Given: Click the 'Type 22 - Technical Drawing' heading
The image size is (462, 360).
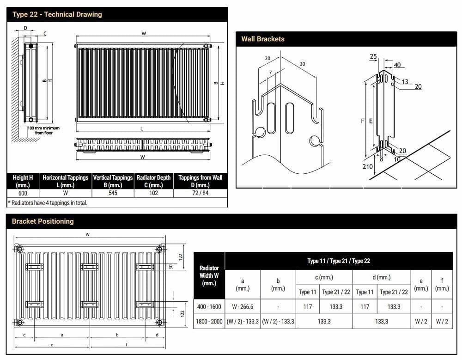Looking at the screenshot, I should pos(57,14).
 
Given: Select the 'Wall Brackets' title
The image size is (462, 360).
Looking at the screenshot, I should pos(263,39).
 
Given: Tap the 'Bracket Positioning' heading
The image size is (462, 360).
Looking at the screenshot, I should pos(43,221).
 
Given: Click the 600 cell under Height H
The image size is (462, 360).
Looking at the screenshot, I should pos(23,193).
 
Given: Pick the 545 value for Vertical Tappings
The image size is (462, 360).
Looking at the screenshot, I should pos(113,193).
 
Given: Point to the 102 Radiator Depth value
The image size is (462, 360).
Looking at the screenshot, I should pos(153,193).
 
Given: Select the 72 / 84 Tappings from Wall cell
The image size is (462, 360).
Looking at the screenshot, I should pos(200,193).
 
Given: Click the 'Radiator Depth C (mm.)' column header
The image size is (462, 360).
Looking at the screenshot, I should pos(153,181).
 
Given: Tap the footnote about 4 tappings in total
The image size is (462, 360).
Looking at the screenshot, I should pos(48,202).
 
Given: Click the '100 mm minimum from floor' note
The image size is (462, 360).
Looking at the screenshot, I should pos(43,130).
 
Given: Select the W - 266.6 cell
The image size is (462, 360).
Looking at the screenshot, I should pos(243,306).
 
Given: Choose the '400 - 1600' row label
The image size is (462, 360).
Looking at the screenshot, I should pos(209,306).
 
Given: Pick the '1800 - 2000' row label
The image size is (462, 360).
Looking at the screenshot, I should pos(209,321).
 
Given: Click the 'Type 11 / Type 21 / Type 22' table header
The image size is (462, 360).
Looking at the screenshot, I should pos(339,261).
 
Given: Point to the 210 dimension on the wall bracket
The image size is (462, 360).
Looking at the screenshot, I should pos(368,166).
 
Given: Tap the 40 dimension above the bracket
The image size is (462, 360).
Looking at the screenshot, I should pos(397,65).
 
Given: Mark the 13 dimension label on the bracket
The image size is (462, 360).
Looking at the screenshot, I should pos(405,82).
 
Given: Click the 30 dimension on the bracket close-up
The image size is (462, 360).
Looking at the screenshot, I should pos(303,64).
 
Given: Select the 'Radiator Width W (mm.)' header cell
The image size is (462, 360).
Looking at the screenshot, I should pos(209,275).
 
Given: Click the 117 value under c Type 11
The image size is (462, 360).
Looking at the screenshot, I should pos(308,306).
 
